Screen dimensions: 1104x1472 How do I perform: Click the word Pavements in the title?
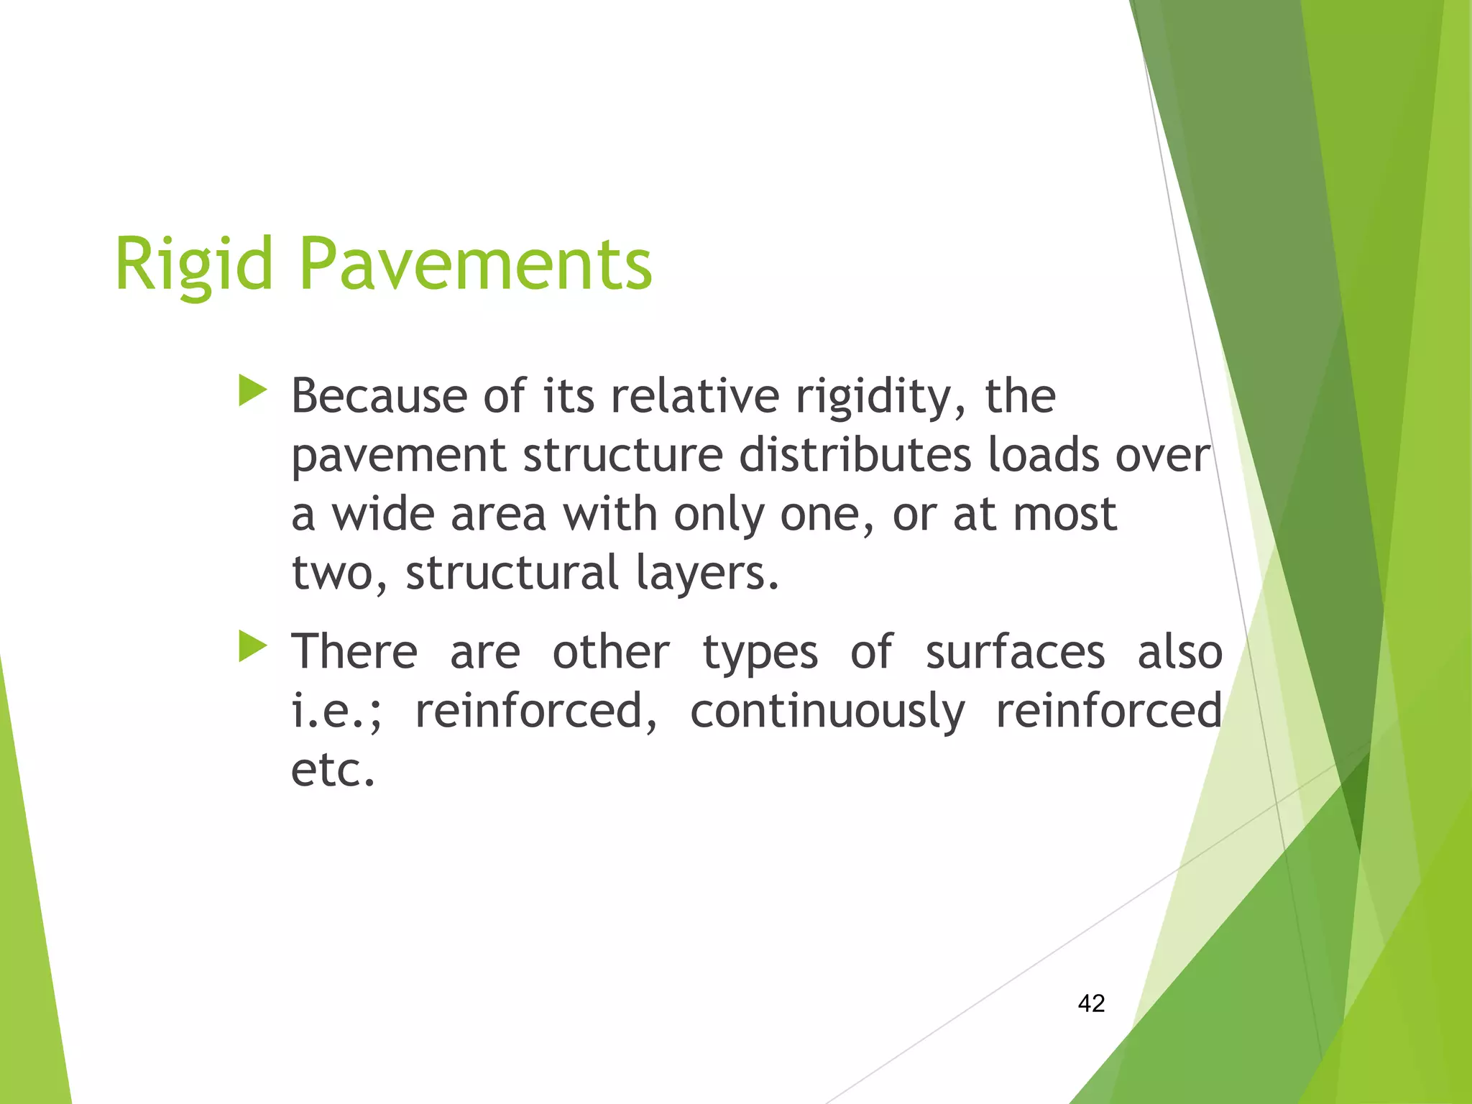click(475, 264)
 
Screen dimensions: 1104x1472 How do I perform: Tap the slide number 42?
click(1091, 1003)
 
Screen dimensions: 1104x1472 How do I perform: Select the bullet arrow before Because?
click(252, 392)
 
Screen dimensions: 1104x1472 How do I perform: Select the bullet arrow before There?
click(252, 646)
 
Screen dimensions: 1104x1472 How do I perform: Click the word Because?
click(379, 397)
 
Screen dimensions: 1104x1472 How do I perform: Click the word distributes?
click(855, 456)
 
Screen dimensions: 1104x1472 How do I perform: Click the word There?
click(354, 653)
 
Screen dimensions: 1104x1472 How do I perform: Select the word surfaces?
click(1014, 653)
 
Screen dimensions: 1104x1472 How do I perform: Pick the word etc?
click(333, 770)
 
